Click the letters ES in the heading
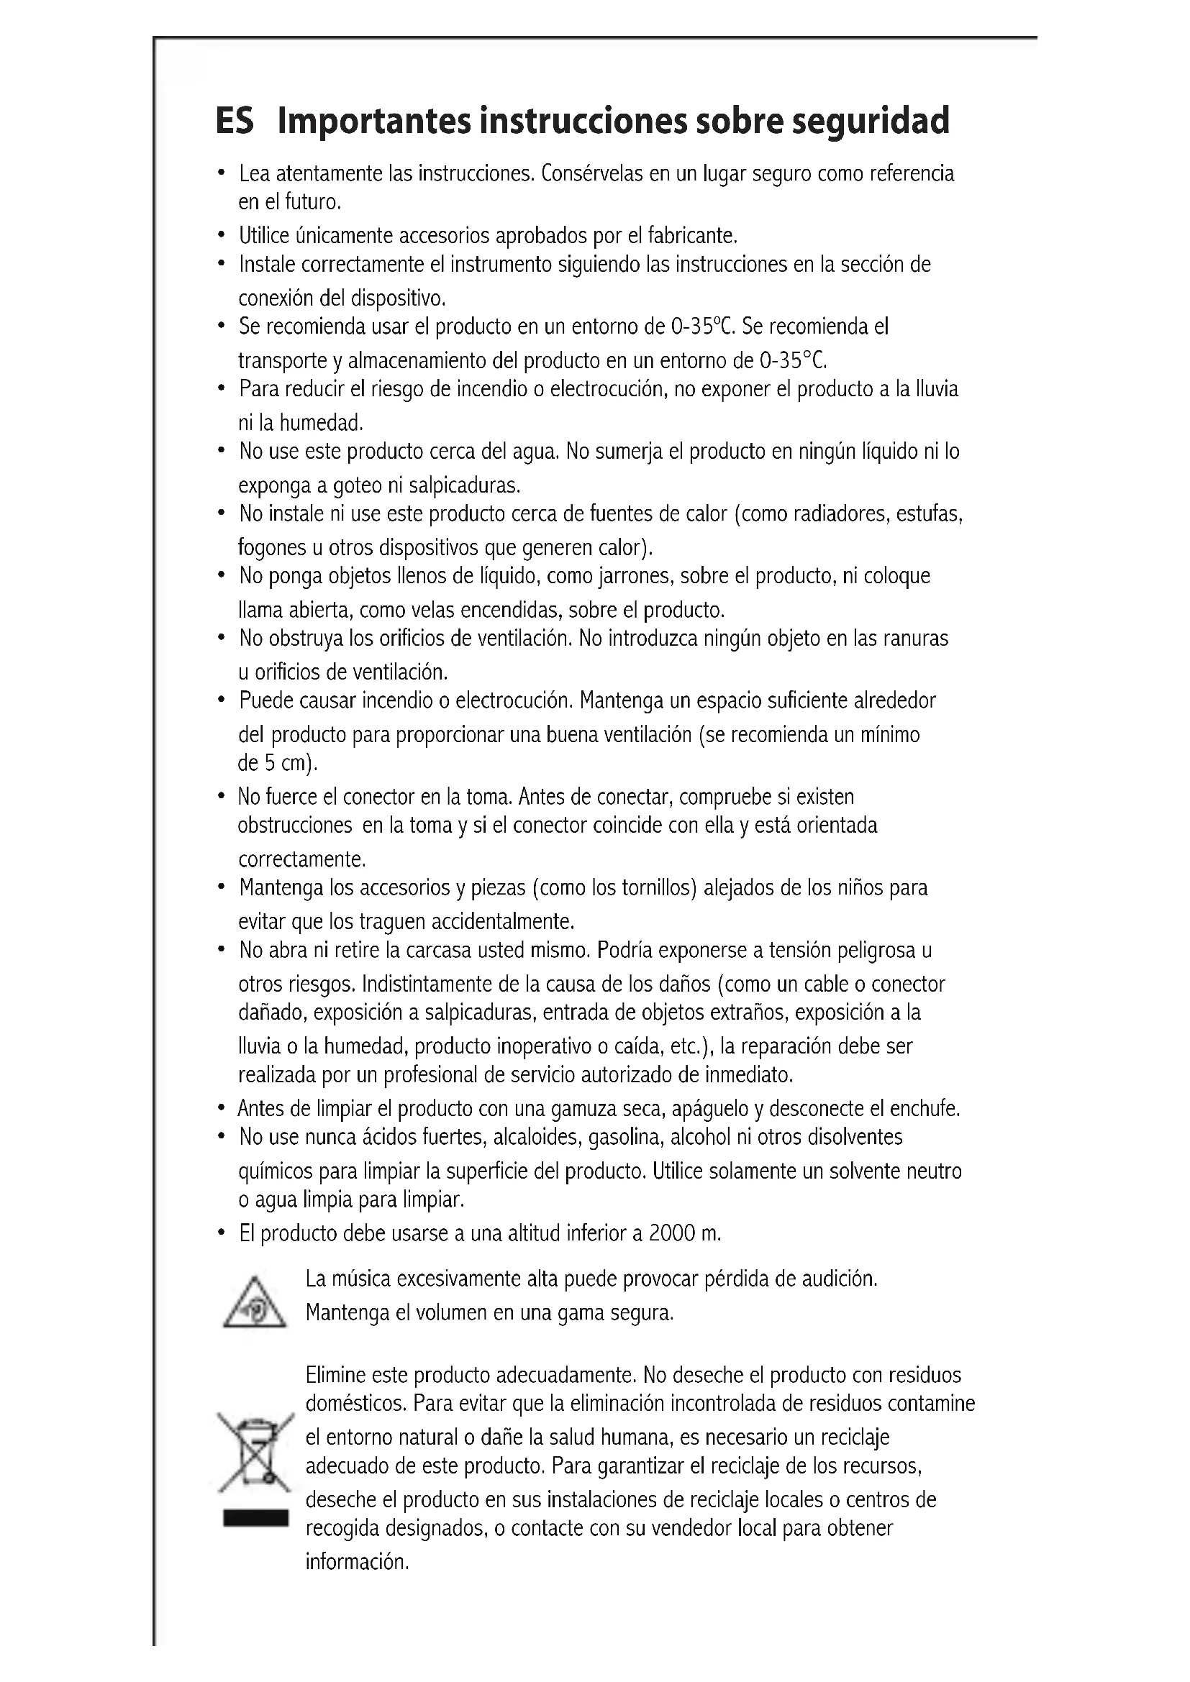(235, 122)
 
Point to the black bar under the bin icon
(255, 1519)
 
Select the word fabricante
(691, 236)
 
